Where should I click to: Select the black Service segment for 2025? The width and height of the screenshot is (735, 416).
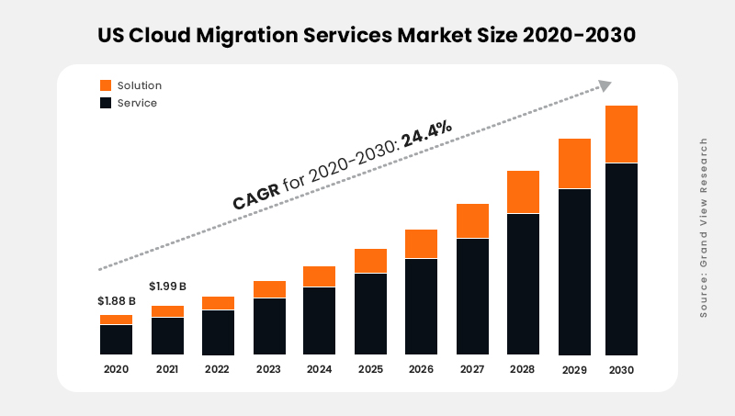tap(370, 313)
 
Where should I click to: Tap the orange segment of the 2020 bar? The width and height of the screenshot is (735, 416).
tap(116, 320)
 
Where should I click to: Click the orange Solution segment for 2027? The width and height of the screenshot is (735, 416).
tap(472, 220)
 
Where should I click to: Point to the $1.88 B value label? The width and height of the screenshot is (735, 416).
tap(117, 301)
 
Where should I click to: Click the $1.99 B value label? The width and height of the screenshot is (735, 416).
tap(168, 286)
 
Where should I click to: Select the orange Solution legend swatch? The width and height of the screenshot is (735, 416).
tap(106, 85)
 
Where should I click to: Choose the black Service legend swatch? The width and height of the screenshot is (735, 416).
tap(106, 103)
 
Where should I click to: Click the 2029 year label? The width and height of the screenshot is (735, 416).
tap(574, 369)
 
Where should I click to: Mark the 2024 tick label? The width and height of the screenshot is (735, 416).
tap(320, 369)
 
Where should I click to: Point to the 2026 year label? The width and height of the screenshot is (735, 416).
tap(422, 369)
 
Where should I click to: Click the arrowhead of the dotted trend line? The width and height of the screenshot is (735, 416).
tap(605, 85)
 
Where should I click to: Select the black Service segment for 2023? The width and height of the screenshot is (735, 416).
tap(269, 326)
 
